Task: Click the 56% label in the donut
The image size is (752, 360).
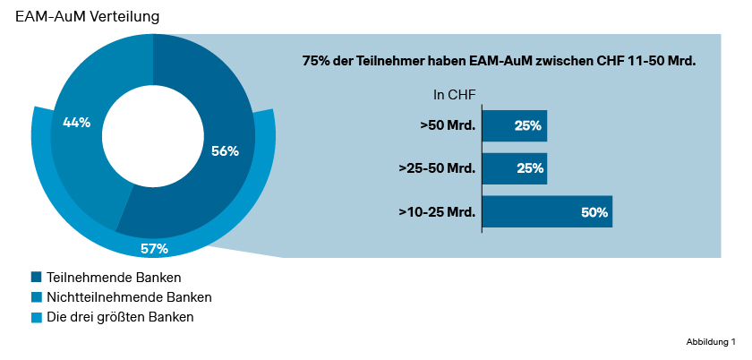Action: pos(225,151)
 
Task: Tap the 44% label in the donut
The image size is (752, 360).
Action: pos(76,123)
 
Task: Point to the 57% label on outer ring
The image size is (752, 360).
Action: pos(154,248)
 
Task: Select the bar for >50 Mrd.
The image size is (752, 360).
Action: pos(514,126)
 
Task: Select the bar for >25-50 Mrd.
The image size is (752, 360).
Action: pos(514,168)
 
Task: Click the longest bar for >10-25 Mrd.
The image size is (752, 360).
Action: pos(547,211)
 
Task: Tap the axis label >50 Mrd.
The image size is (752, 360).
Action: pos(448,126)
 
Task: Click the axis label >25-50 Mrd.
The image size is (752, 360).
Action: pos(437,168)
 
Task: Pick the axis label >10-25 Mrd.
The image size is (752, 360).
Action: pos(437,212)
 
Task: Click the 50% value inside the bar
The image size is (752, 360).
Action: pos(594,212)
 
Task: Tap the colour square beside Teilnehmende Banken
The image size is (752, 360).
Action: pos(36,278)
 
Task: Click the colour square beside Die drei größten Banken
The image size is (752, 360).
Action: pos(36,317)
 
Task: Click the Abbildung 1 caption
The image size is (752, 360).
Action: pos(710,342)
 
